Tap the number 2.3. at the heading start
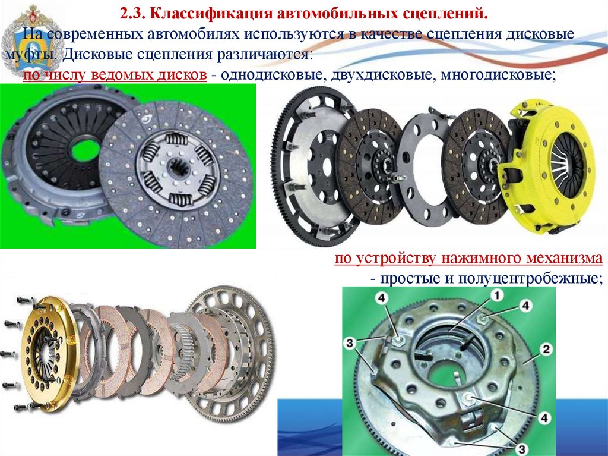coord(132,14)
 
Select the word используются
coord(293,34)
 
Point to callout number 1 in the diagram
coord(496,295)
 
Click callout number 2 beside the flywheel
coord(546,350)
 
